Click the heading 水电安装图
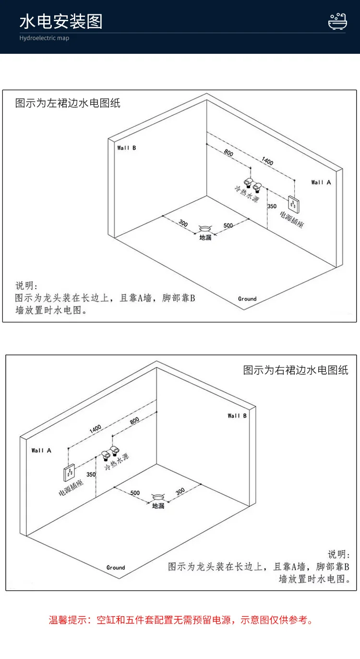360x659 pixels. click(61, 22)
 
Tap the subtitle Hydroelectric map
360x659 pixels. click(44, 38)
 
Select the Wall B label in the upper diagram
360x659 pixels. click(127, 148)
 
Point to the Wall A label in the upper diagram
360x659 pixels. click(321, 183)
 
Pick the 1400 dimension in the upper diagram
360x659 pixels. click(267, 161)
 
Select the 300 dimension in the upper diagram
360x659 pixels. click(183, 223)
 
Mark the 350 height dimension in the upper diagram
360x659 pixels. click(272, 207)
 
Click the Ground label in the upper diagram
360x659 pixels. click(247, 299)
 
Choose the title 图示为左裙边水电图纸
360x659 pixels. click(68, 103)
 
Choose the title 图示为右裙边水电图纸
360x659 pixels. click(296, 370)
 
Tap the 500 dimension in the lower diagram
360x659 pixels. click(135, 493)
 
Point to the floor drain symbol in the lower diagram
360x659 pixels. click(158, 497)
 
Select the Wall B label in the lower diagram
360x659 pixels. click(237, 415)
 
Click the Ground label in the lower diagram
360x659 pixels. click(116, 567)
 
